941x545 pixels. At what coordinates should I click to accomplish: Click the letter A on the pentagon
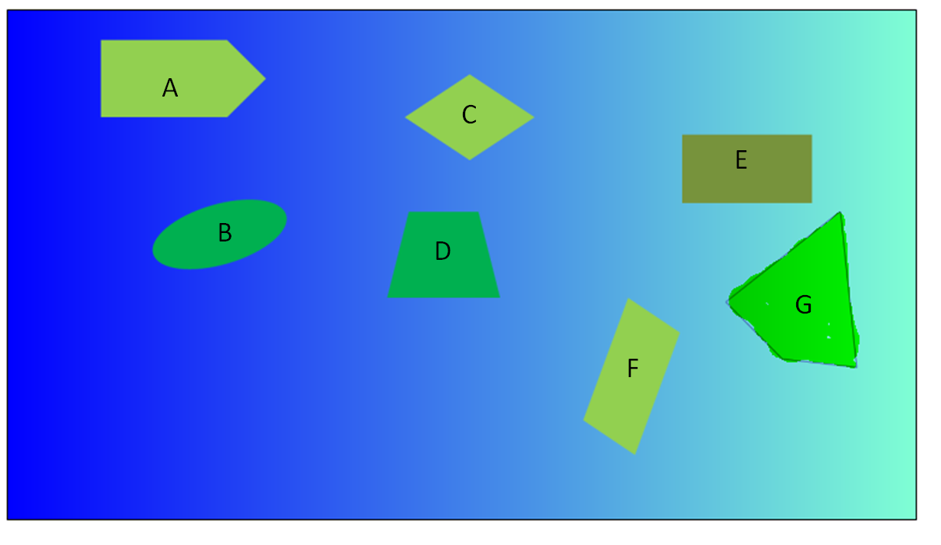(170, 88)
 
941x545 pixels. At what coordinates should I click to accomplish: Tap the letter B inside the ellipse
(225, 232)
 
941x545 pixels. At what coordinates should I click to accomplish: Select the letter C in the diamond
(469, 115)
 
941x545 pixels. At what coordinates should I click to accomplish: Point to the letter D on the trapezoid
(442, 251)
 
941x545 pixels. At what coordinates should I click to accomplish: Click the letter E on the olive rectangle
(741, 160)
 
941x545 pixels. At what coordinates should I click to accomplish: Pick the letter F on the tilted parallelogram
(632, 369)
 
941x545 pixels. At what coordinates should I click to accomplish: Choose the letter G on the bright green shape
(803, 305)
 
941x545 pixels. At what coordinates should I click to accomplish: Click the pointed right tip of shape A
(265, 78)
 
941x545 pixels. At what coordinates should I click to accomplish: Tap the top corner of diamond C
(470, 75)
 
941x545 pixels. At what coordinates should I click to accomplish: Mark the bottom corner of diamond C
(470, 159)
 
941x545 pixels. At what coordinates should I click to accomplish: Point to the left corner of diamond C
(406, 117)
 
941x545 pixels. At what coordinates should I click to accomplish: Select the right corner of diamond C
(533, 117)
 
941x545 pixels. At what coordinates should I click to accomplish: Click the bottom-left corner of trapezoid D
(389, 297)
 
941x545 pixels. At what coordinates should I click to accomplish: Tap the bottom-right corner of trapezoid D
(499, 297)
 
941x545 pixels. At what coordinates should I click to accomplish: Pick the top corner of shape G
(840, 212)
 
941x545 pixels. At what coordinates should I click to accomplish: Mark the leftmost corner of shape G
(728, 301)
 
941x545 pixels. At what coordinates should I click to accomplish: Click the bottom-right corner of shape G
(855, 366)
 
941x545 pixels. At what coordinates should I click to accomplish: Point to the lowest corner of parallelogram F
(634, 454)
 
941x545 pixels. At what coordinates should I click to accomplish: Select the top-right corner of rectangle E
(811, 136)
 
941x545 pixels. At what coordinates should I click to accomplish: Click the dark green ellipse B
(192, 245)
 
